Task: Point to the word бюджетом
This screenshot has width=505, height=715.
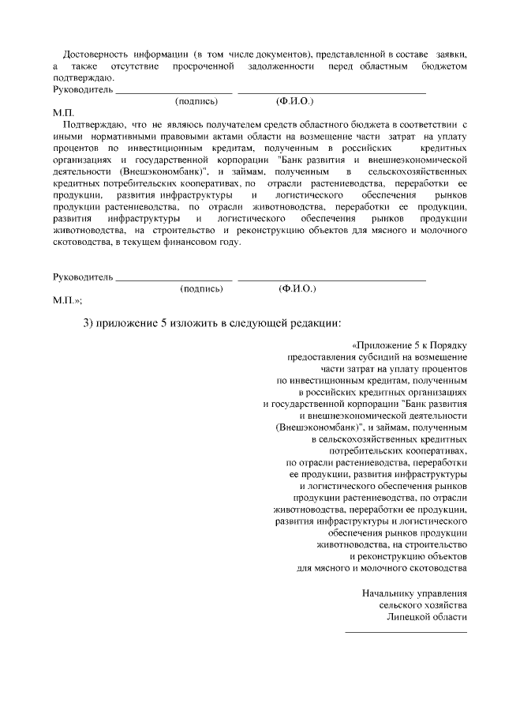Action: pyautogui.click(x=443, y=66)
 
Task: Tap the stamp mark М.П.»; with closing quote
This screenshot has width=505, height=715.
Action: pyautogui.click(x=67, y=301)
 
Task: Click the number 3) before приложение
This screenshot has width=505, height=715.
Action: pyautogui.click(x=88, y=323)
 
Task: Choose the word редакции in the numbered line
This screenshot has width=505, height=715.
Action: pyautogui.click(x=312, y=323)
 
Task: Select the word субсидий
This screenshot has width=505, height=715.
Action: pyautogui.click(x=380, y=358)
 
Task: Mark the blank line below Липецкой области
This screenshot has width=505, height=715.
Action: pyautogui.click(x=406, y=630)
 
